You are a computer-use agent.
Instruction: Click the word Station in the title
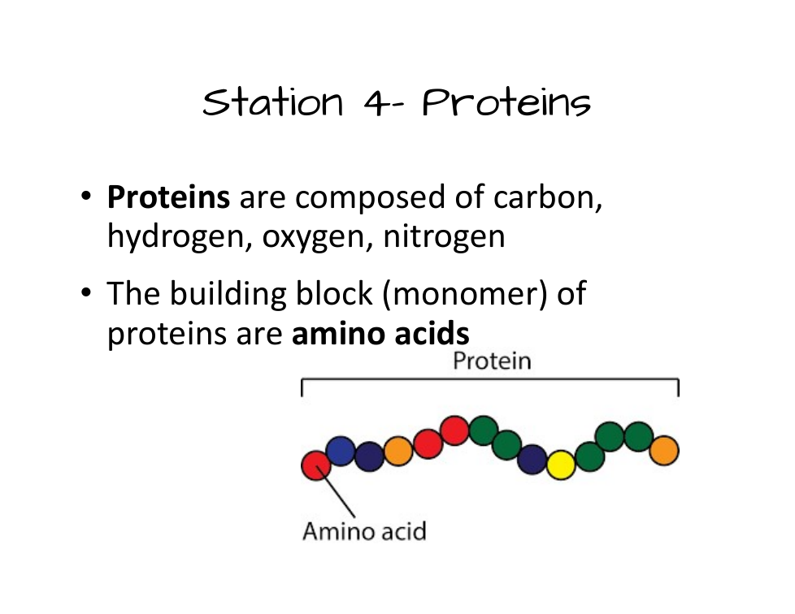273,102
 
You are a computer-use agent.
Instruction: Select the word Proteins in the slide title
506,102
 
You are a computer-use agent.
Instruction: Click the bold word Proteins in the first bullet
168,197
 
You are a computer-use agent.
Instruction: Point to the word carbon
548,197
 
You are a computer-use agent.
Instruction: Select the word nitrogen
444,237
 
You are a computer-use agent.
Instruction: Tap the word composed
370,197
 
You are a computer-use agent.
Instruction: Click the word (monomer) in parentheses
464,294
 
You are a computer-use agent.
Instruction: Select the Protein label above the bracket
492,361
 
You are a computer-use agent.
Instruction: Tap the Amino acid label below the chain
364,531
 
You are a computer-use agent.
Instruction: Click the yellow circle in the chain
561,465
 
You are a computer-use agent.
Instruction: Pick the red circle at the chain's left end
316,465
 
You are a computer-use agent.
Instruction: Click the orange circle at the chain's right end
664,451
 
